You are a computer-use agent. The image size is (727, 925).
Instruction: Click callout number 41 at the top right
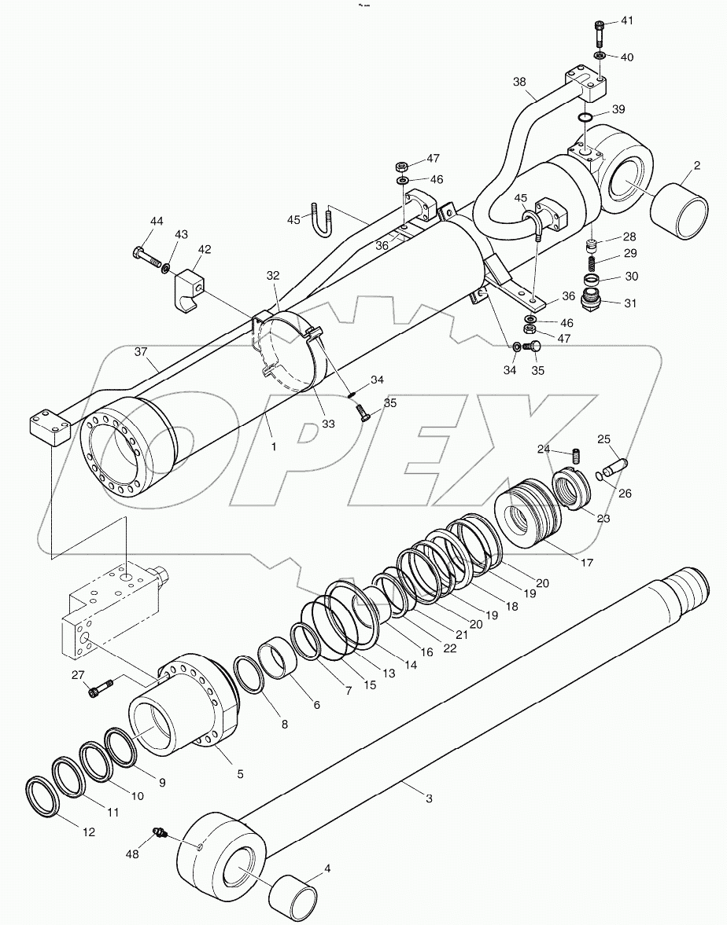[x=626, y=20]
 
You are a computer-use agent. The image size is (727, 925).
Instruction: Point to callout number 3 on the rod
[x=429, y=798]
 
